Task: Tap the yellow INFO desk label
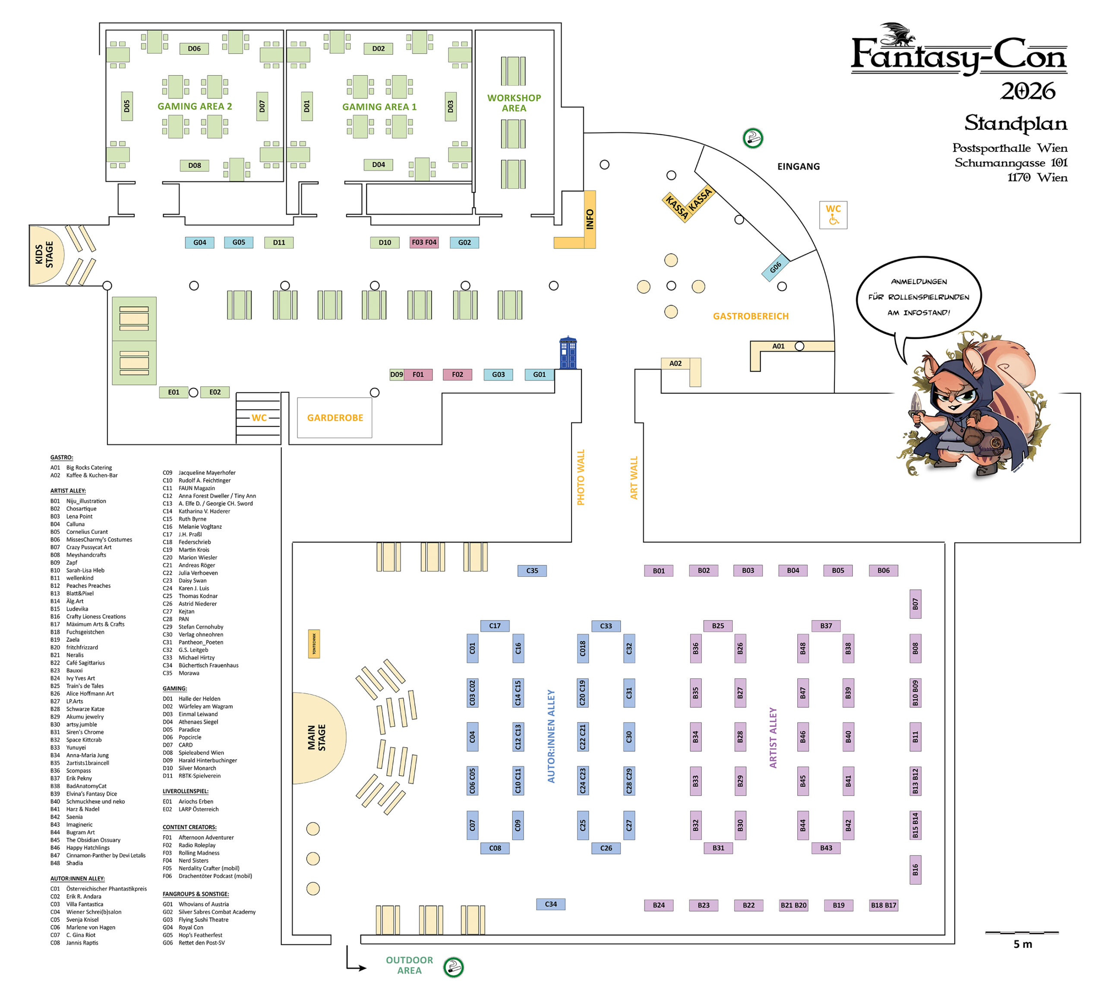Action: pyautogui.click(x=589, y=219)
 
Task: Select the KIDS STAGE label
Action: pyautogui.click(x=44, y=255)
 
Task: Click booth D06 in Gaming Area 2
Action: pyautogui.click(x=194, y=48)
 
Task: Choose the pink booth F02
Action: pyautogui.click(x=457, y=375)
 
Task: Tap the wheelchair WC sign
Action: pyautogui.click(x=833, y=215)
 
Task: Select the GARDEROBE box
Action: pyautogui.click(x=335, y=418)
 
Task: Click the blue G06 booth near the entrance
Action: pyautogui.click(x=775, y=267)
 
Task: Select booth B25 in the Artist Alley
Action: pyautogui.click(x=718, y=626)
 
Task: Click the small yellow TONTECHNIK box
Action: pyautogui.click(x=314, y=644)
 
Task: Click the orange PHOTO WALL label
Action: pyautogui.click(x=581, y=477)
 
